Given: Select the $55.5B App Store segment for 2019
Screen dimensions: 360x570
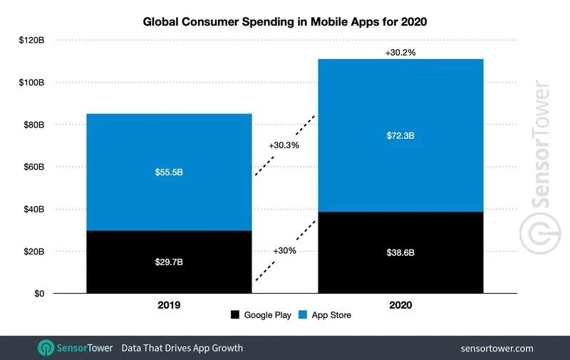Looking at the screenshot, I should pyautogui.click(x=169, y=172).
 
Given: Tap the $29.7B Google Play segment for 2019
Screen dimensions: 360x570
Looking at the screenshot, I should pyautogui.click(x=169, y=262).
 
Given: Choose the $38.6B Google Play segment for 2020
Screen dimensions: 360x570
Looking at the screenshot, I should pyautogui.click(x=400, y=252).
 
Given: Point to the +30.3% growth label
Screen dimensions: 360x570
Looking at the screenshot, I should pyautogui.click(x=284, y=145).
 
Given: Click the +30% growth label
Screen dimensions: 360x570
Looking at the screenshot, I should pyautogui.click(x=284, y=251).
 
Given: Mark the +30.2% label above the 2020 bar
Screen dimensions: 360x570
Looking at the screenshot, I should pyautogui.click(x=400, y=53).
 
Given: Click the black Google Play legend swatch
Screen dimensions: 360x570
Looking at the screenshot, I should pyautogui.click(x=235, y=314).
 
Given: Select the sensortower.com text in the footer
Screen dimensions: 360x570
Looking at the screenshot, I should pyautogui.click(x=497, y=348).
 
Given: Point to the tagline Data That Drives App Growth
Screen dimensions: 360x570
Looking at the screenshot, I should pyautogui.click(x=182, y=348).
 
